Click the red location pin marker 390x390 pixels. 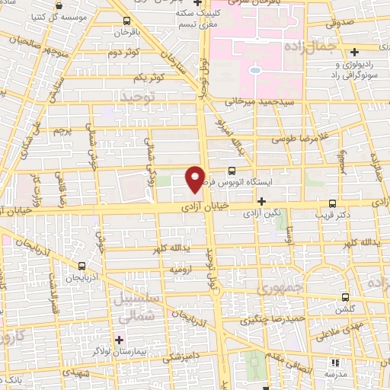point(195,179)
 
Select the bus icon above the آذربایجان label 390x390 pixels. point(82,267)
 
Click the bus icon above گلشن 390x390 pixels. point(345,298)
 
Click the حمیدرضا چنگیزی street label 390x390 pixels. point(274,318)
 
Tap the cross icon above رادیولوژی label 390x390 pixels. point(354,52)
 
